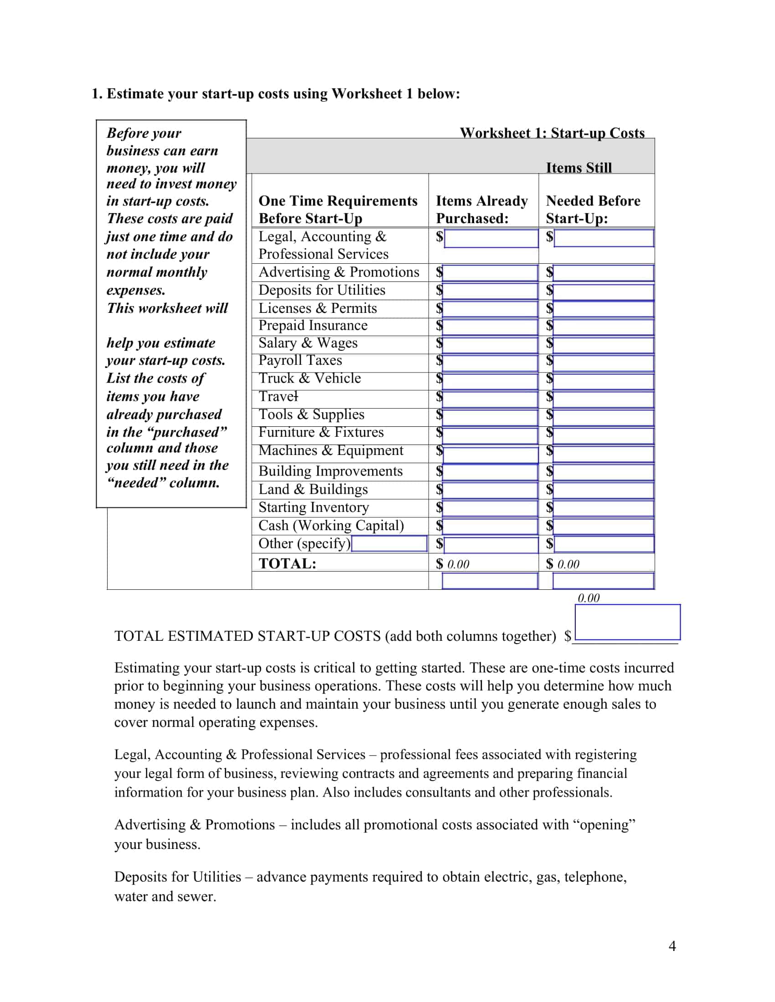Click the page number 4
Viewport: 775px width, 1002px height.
coord(672,946)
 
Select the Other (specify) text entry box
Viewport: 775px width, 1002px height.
coord(389,544)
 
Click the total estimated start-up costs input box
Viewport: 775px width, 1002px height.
coord(627,622)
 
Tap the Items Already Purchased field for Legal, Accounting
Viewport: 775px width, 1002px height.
coord(491,238)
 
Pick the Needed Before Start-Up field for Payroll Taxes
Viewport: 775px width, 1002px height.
coord(603,363)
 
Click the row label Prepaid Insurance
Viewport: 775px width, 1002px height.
coord(313,326)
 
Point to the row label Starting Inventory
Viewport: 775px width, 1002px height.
coord(314,507)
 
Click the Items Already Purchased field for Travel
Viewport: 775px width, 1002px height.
coord(490,399)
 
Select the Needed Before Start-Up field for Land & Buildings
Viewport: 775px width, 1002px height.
coord(603,490)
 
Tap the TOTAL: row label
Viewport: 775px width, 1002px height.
coord(287,563)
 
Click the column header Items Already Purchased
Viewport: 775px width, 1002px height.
coord(481,209)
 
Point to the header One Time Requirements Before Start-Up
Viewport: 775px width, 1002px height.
coord(338,209)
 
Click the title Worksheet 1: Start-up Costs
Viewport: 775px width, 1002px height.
coord(552,133)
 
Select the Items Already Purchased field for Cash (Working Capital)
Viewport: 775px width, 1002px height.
coord(490,526)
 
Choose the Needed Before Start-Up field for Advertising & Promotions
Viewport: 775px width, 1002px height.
coord(603,272)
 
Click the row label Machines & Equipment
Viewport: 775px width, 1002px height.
coord(331,450)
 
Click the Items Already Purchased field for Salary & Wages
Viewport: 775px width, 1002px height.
coord(490,345)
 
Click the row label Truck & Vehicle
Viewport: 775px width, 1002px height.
coord(310,378)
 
